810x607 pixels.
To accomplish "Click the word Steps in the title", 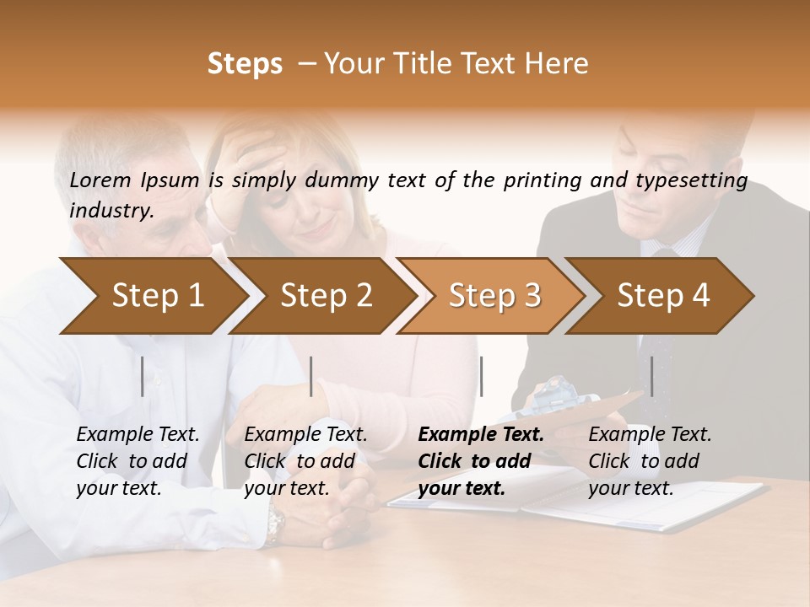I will (x=245, y=64).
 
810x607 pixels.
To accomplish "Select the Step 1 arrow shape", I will (x=158, y=295).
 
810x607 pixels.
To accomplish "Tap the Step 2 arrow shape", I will (x=327, y=295).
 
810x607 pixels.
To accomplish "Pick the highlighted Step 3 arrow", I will (x=494, y=295).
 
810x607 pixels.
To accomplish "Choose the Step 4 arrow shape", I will (x=663, y=295).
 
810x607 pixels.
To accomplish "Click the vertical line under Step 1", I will (x=143, y=376).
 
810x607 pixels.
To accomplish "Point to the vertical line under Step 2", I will (x=311, y=376).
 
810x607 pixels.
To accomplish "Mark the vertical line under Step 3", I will (x=481, y=376).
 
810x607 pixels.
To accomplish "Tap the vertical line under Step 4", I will (x=651, y=376).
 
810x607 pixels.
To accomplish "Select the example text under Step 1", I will (x=138, y=461).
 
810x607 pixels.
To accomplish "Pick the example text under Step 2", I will (x=305, y=461).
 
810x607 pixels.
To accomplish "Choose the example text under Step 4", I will (x=650, y=461).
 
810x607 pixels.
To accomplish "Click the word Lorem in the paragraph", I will (x=100, y=180).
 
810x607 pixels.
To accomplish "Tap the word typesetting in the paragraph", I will (x=699, y=180).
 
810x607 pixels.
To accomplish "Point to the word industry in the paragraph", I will (x=111, y=211).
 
